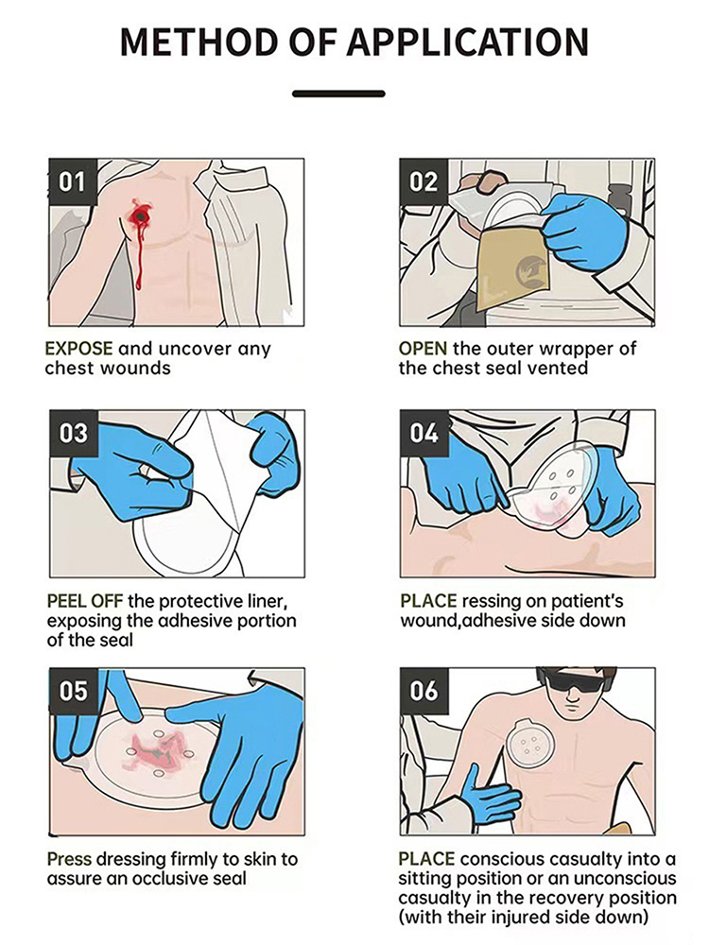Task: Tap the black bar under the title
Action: [x=338, y=94]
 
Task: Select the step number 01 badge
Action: [x=73, y=182]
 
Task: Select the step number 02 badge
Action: [x=424, y=182]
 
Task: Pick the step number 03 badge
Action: [x=73, y=434]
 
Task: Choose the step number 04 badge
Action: [x=424, y=434]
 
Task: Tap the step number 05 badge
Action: [x=73, y=691]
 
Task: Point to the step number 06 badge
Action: [x=424, y=691]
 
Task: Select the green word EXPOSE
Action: [x=79, y=349]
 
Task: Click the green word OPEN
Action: [x=423, y=349]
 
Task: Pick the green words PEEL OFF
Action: [x=85, y=601]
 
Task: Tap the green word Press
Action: [x=69, y=859]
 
